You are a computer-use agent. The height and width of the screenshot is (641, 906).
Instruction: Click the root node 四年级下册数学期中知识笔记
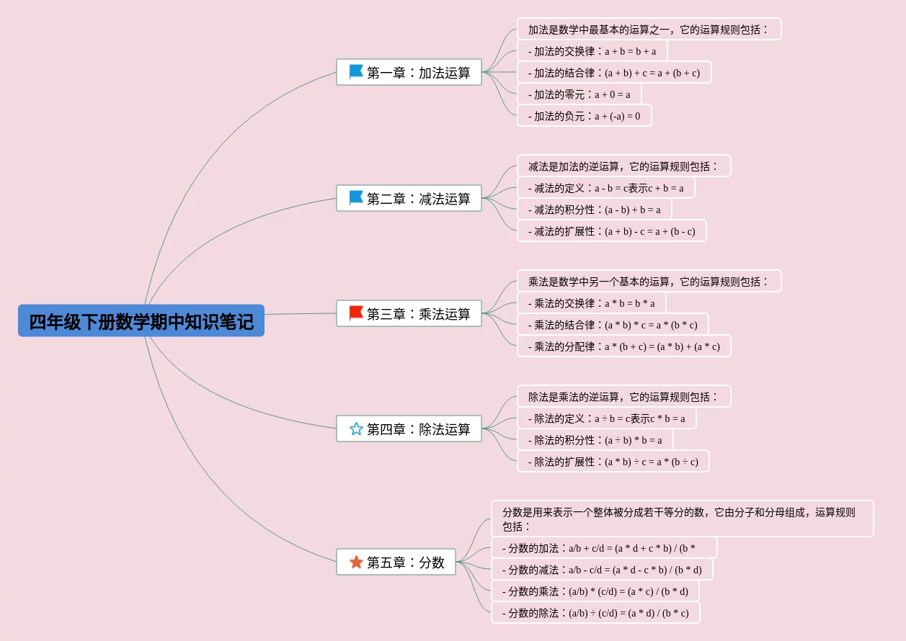click(x=141, y=321)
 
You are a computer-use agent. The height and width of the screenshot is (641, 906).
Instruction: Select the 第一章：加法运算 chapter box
click(x=409, y=72)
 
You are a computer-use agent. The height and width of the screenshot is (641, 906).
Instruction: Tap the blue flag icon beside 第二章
click(x=356, y=198)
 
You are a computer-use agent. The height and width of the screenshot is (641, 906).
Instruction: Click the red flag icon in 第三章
click(x=356, y=313)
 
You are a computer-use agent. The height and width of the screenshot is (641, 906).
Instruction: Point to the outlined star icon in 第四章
click(x=356, y=429)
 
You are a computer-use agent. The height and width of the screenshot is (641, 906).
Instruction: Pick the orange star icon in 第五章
click(x=356, y=562)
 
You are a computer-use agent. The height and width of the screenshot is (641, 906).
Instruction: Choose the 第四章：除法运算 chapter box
click(x=409, y=429)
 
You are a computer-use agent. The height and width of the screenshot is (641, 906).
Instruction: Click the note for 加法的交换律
click(x=592, y=51)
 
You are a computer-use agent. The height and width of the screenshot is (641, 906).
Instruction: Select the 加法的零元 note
click(x=579, y=94)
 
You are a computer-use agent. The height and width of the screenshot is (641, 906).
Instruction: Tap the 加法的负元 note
click(x=584, y=116)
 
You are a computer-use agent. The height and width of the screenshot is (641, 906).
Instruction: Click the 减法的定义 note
click(x=605, y=188)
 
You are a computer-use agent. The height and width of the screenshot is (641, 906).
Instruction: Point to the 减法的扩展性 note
click(x=611, y=231)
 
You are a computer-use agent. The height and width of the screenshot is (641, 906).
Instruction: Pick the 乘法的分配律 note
click(x=623, y=346)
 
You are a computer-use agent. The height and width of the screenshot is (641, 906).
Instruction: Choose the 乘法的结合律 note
click(x=613, y=325)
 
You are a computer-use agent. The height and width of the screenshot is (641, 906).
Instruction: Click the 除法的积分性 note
click(x=595, y=440)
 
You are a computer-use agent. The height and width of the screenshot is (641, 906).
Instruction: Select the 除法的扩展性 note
click(x=613, y=462)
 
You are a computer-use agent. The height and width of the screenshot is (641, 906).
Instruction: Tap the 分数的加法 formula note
click(x=604, y=548)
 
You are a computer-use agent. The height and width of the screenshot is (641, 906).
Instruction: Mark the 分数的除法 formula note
click(x=595, y=613)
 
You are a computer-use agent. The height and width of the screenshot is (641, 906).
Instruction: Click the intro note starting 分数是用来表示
click(x=682, y=519)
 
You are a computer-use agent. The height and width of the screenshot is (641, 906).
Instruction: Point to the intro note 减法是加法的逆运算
click(x=623, y=166)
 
